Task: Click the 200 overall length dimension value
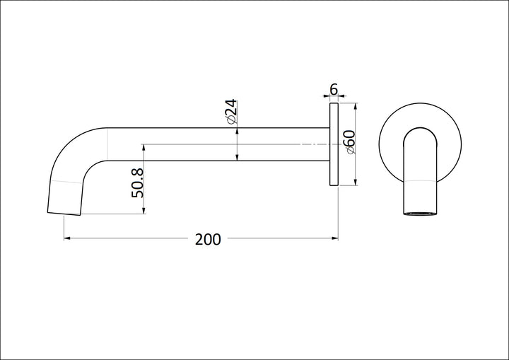208,239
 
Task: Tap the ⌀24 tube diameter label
230,113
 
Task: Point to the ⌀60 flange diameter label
349,144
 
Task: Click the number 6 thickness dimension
334,90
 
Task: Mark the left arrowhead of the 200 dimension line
68,238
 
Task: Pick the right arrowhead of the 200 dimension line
334,238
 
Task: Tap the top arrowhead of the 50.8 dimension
144,149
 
